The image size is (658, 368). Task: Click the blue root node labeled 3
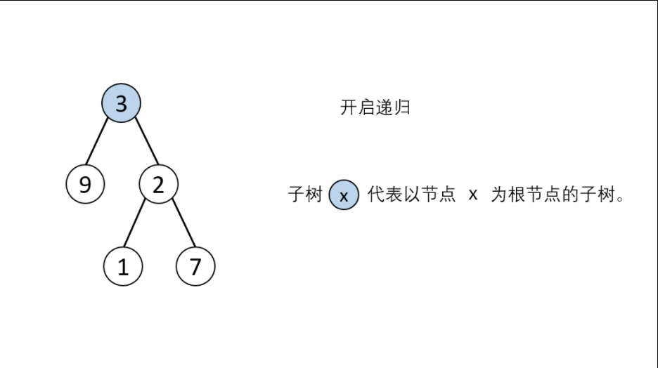click(x=121, y=104)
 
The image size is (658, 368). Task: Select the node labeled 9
click(x=85, y=185)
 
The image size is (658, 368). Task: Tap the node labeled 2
click(x=158, y=185)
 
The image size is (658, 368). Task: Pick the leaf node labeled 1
click(x=123, y=267)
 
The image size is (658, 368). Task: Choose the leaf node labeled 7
click(x=195, y=267)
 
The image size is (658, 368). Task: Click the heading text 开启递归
click(x=375, y=108)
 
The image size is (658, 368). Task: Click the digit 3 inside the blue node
click(x=121, y=104)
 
